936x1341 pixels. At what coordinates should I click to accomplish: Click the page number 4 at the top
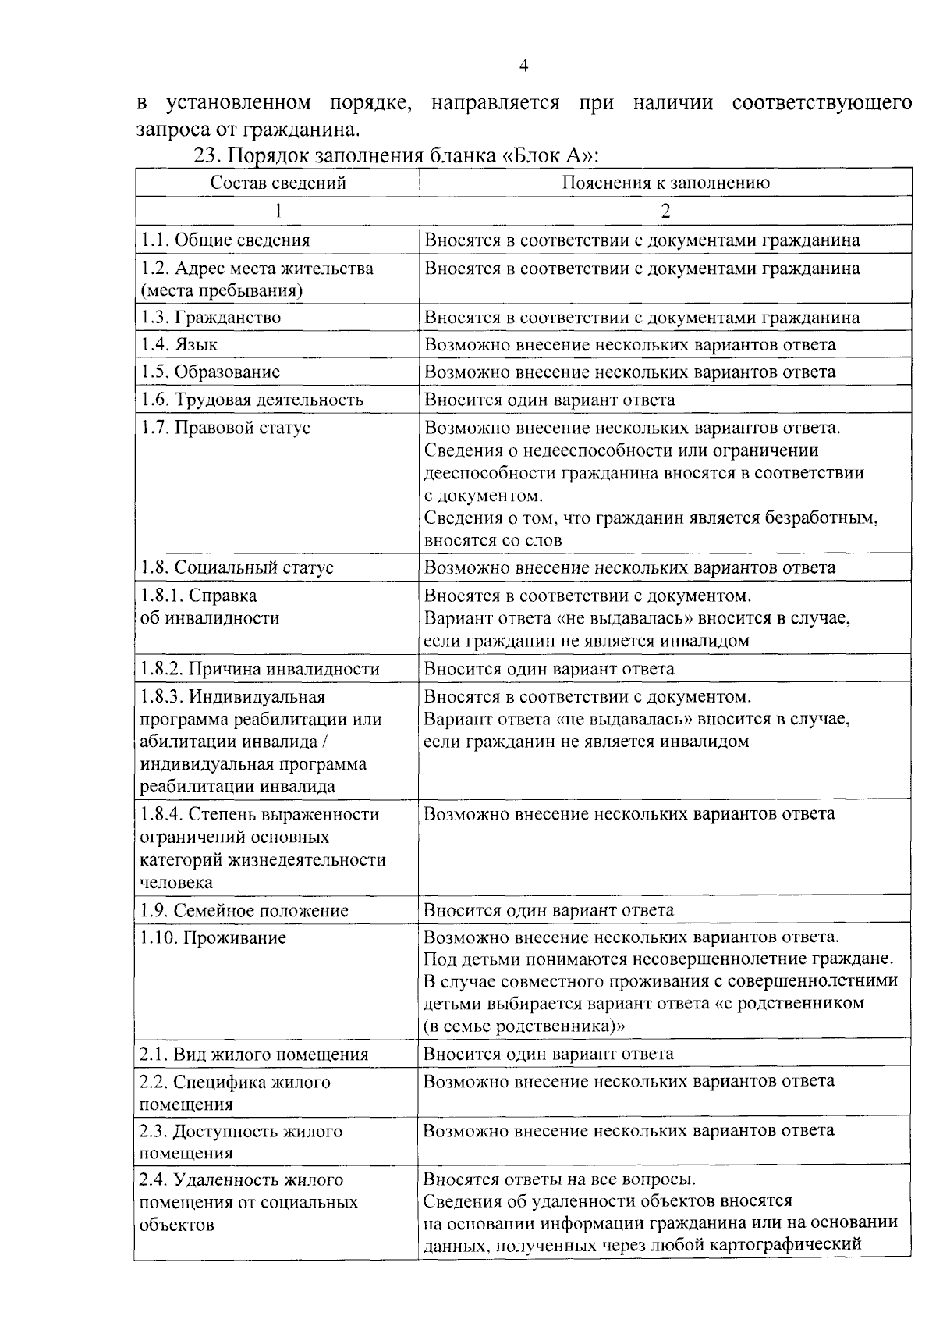click(x=523, y=66)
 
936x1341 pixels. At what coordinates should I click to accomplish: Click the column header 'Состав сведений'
click(x=278, y=183)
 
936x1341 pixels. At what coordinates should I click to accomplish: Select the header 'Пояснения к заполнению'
click(x=665, y=183)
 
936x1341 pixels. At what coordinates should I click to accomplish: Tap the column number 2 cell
click(x=665, y=211)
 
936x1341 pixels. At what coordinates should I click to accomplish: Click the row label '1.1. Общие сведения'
click(x=225, y=240)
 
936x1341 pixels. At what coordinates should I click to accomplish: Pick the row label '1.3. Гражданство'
click(x=211, y=318)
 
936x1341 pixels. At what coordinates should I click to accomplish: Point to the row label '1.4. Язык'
click(x=179, y=345)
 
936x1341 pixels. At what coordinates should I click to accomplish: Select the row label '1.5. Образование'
click(x=210, y=372)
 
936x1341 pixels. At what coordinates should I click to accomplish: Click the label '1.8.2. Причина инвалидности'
click(x=259, y=670)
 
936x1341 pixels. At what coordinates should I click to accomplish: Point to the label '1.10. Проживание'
click(x=213, y=938)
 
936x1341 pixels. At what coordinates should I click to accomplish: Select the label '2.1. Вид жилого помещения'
click(x=253, y=1055)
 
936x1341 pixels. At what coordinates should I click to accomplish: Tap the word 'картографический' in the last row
click(x=787, y=1244)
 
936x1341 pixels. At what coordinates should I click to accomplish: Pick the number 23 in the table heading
click(x=205, y=155)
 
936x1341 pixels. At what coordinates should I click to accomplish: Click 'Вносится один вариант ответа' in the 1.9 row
click(x=548, y=910)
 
